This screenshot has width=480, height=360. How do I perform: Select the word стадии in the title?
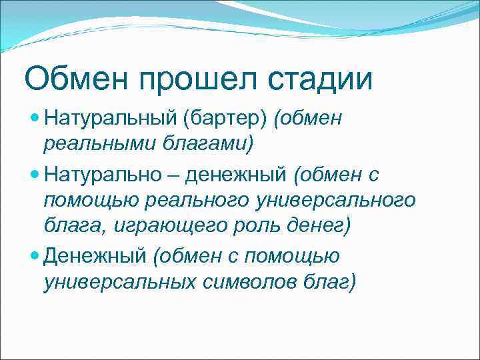(320, 79)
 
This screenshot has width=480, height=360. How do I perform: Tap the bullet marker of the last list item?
(35, 255)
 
